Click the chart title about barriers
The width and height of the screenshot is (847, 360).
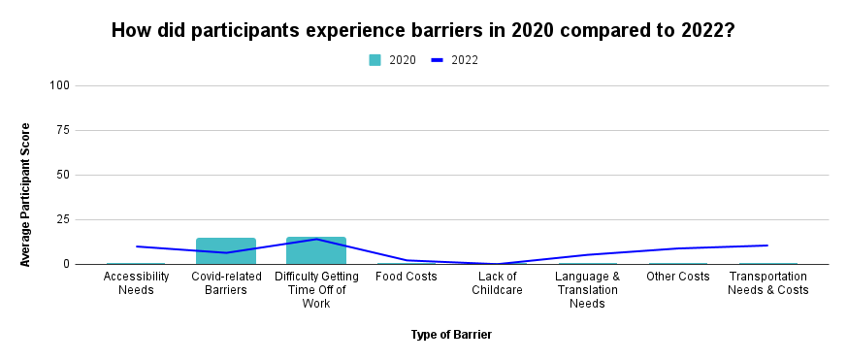pos(422,30)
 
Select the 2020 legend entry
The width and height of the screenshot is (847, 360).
pos(393,60)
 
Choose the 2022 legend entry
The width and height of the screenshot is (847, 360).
pos(455,60)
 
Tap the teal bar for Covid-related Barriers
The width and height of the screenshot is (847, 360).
pos(226,250)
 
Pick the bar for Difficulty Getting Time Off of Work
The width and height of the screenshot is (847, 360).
pos(316,250)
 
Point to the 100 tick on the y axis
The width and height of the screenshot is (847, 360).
pos(60,85)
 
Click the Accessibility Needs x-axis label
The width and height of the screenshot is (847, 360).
pos(136,282)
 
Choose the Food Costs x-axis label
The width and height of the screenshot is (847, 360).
pos(406,276)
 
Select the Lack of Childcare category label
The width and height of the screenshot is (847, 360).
pos(496,282)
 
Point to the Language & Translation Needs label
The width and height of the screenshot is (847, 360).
pos(587,289)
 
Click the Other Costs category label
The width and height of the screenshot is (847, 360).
pos(677,276)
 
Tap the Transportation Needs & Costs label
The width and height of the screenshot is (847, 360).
pos(767,282)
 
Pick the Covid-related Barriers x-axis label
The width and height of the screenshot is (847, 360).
pos(226,282)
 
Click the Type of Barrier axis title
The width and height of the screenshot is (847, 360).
pos(451,335)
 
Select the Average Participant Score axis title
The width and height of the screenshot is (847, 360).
pos(26,194)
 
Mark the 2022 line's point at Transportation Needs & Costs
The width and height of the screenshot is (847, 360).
pos(767,245)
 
